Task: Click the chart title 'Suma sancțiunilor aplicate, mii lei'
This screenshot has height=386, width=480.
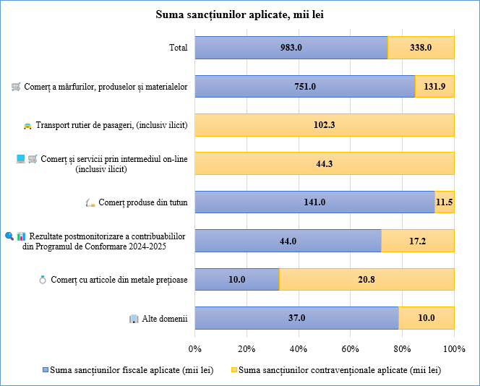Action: [239, 15]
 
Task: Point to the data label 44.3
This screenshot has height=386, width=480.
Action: [325, 163]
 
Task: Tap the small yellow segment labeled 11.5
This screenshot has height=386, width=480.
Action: [445, 202]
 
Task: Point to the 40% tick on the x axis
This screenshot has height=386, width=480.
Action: [299, 348]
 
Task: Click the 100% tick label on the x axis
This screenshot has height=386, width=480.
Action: [454, 348]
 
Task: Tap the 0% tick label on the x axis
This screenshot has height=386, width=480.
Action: [194, 348]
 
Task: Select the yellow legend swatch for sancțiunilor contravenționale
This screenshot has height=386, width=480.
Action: [233, 369]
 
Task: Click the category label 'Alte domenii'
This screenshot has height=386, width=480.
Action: [166, 318]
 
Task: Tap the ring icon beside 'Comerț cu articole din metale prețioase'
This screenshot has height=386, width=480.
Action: [43, 280]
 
